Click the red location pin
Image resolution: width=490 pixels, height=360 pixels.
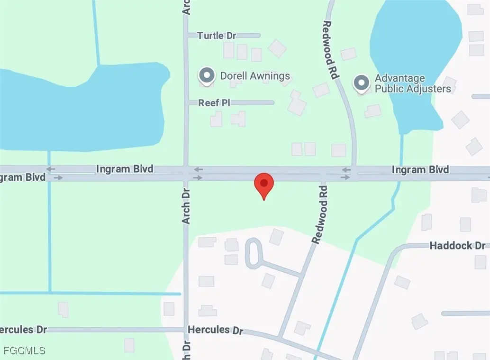point(263,184)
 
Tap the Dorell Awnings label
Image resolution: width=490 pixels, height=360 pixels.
point(255,75)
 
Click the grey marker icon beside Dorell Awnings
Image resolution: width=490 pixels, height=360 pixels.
point(207,75)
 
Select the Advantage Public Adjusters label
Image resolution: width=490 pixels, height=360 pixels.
point(412,83)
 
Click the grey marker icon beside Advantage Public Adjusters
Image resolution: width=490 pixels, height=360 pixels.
point(362,83)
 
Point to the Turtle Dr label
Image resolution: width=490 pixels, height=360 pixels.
point(217,36)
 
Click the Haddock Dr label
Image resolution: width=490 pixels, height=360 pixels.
point(457,246)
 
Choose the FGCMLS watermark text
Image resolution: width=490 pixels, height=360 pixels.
point(25,351)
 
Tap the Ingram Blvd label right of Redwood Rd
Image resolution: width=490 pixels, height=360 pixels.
point(420,170)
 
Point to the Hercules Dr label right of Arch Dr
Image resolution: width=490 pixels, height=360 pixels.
point(215,330)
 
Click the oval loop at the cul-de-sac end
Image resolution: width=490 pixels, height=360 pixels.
point(253,252)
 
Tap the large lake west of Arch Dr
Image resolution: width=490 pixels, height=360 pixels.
point(85,109)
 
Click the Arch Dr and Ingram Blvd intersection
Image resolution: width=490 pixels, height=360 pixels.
point(186,174)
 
